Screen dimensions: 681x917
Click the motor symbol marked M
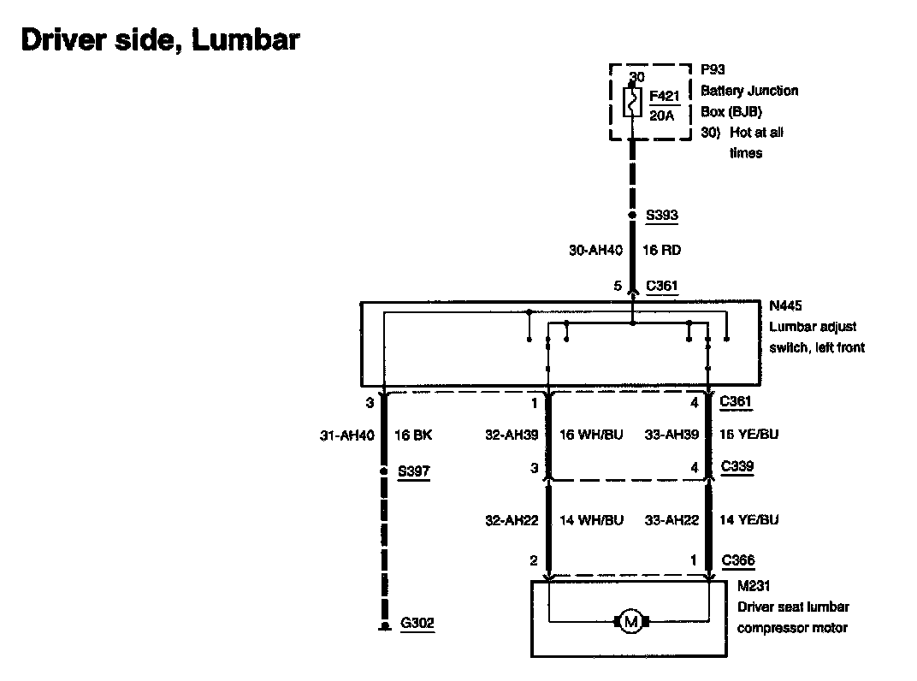click(x=631, y=622)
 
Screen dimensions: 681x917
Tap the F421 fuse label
click(x=663, y=96)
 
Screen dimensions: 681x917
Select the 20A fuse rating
click(x=661, y=114)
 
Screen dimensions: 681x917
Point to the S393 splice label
click(x=661, y=216)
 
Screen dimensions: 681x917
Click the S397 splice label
click(x=416, y=471)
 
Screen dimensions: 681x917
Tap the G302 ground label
click(x=417, y=624)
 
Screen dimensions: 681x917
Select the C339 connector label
click(x=737, y=467)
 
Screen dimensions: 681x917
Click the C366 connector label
click(x=737, y=561)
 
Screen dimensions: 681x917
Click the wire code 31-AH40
click(x=346, y=435)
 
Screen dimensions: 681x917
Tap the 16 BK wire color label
click(x=412, y=435)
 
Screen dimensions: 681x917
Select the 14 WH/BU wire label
click(x=591, y=520)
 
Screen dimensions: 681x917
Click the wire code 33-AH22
click(x=673, y=520)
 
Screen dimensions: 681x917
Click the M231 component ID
click(x=754, y=588)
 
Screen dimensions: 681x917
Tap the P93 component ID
click(x=713, y=70)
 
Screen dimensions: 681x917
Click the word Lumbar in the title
click(x=246, y=39)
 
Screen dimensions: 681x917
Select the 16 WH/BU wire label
click(x=591, y=435)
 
